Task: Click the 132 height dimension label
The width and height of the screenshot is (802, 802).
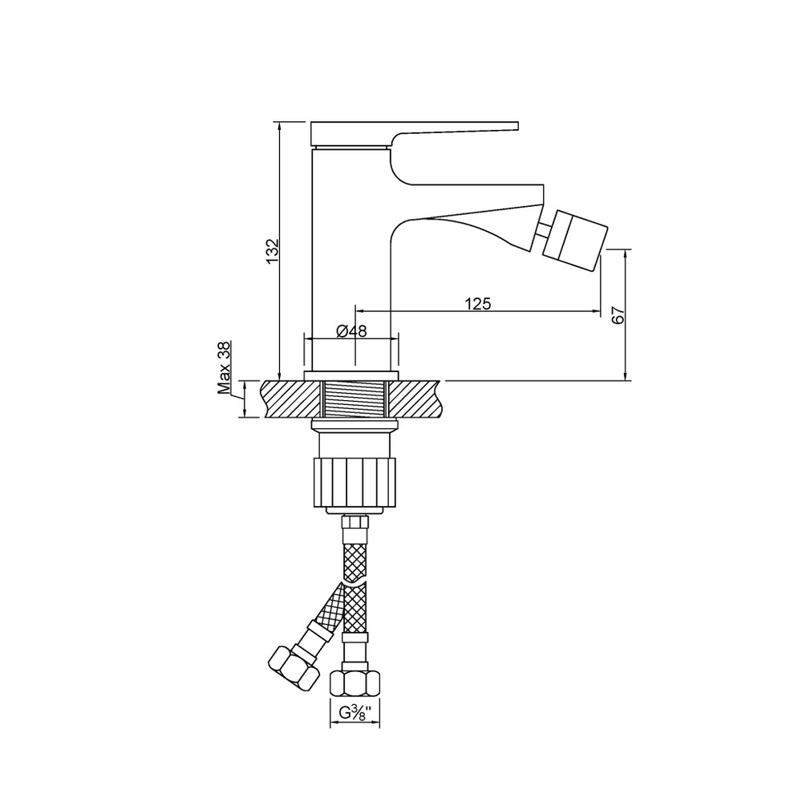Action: [x=273, y=250]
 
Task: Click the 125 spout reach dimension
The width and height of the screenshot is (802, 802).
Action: [x=478, y=304]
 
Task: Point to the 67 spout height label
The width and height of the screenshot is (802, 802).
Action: [x=618, y=314]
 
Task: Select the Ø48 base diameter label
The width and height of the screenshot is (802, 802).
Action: [x=351, y=331]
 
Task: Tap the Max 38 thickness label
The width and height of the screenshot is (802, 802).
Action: [x=225, y=368]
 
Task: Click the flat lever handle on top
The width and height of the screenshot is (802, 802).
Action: [x=415, y=132]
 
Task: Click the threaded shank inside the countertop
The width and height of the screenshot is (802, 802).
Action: [x=355, y=399]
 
